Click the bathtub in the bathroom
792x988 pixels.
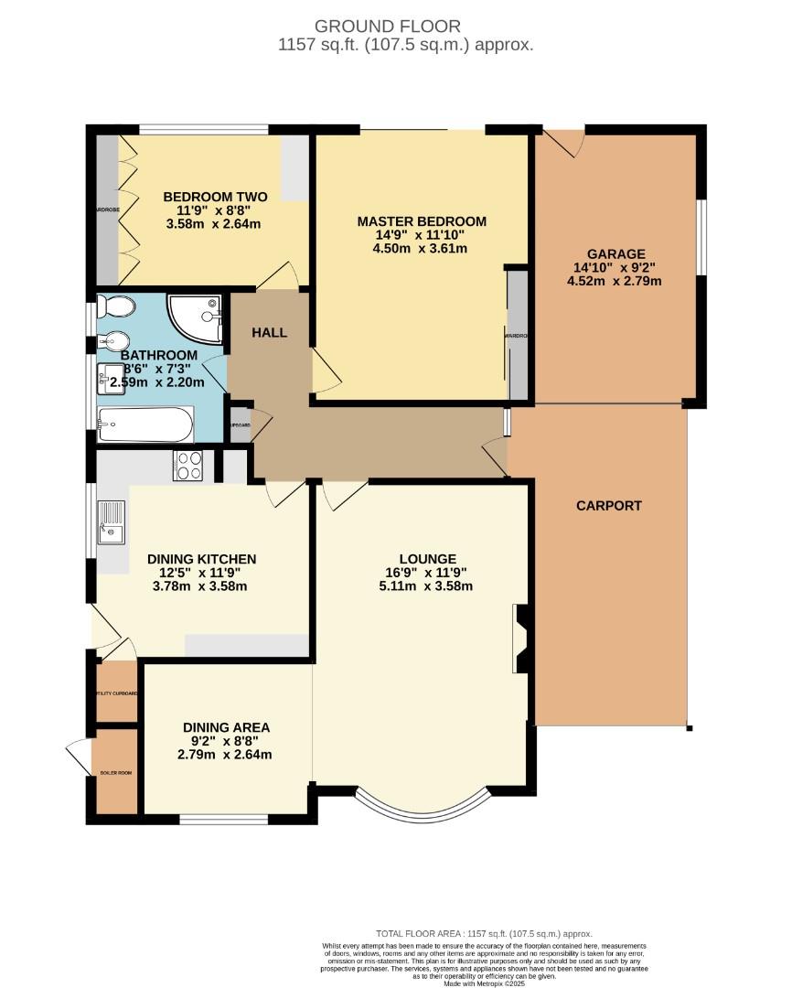point(145,424)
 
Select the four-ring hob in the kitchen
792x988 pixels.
point(188,466)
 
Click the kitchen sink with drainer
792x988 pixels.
point(112,522)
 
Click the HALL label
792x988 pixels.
point(269,333)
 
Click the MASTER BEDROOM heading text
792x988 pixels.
point(422,221)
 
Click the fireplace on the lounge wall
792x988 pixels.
point(521,638)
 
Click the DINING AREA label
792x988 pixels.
point(225,727)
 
